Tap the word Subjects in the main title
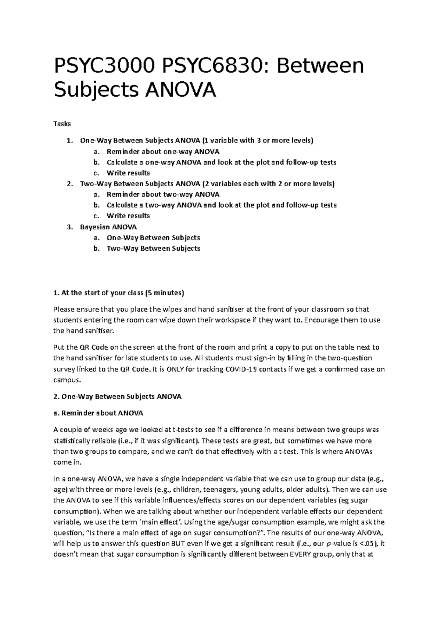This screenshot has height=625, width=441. (96, 90)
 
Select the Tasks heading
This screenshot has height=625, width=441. (62, 124)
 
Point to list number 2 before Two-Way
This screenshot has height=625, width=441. (70, 184)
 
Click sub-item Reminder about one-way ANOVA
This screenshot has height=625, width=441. (163, 151)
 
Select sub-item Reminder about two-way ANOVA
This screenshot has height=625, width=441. (163, 194)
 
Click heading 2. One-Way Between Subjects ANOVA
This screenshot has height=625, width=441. (117, 396)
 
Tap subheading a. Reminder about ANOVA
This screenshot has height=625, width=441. (98, 413)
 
